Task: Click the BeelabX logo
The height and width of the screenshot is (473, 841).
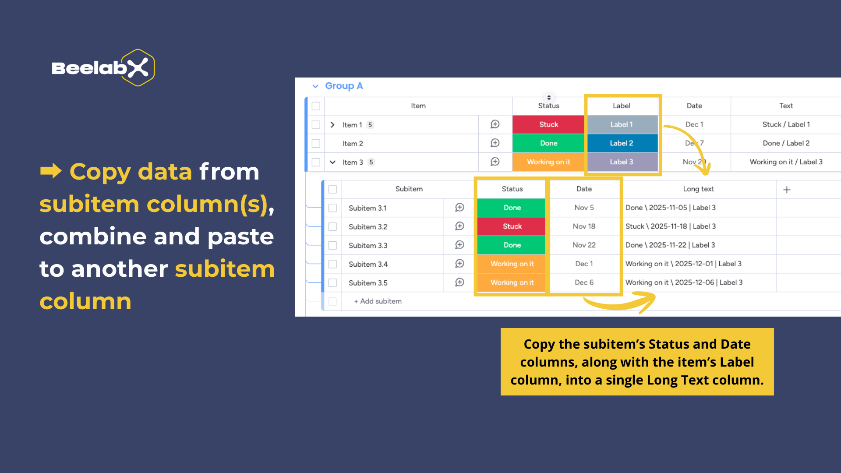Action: pos(103,68)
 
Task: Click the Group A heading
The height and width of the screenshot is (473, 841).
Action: pos(344,86)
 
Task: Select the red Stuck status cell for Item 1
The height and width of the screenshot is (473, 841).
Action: pos(548,124)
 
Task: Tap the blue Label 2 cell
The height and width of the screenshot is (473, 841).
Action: pos(622,143)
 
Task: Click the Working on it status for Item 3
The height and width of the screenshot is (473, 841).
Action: pos(548,162)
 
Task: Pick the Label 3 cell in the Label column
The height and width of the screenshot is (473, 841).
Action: pos(622,162)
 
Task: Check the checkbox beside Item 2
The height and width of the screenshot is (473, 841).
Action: pos(316,144)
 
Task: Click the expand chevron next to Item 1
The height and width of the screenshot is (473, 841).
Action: pos(332,125)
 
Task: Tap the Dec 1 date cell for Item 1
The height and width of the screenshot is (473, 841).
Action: pos(694,124)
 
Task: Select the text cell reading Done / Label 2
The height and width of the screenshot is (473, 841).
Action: pos(786,143)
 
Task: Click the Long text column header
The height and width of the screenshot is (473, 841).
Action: pos(698,189)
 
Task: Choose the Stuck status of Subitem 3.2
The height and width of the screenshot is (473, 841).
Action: pos(512,226)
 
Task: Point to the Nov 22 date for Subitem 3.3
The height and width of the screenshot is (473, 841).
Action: pos(584,245)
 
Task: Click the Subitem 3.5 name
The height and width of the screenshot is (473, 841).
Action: pos(368,283)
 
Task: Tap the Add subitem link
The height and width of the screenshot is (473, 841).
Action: pos(378,301)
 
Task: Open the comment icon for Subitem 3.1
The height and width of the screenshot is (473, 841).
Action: pos(459,208)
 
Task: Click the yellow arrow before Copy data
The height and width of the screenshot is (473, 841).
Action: pos(51,171)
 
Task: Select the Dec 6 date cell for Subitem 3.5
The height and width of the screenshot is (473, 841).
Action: pos(584,282)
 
